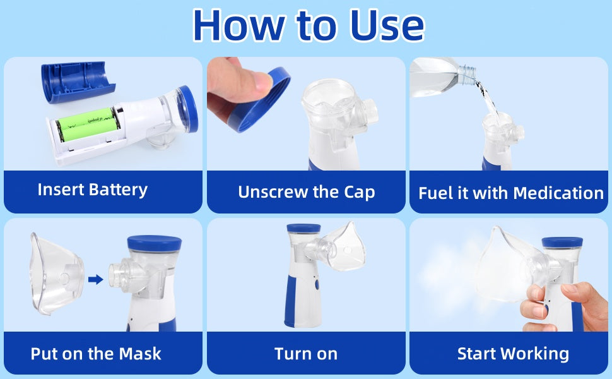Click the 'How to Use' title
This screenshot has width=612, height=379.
pyautogui.click(x=308, y=25)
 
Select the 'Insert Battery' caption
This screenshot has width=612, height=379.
pyautogui.click(x=93, y=189)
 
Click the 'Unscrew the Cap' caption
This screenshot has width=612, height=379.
pyautogui.click(x=306, y=192)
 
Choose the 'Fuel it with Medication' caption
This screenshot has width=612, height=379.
pyautogui.click(x=511, y=193)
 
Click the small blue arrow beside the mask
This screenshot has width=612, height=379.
pyautogui.click(x=95, y=279)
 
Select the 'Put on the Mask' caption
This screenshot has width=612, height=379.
pyautogui.click(x=96, y=353)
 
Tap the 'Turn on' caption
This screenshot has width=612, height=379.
pyautogui.click(x=306, y=353)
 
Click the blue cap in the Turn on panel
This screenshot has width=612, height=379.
pyautogui.click(x=303, y=229)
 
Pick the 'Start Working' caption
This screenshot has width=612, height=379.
pyautogui.click(x=513, y=353)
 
